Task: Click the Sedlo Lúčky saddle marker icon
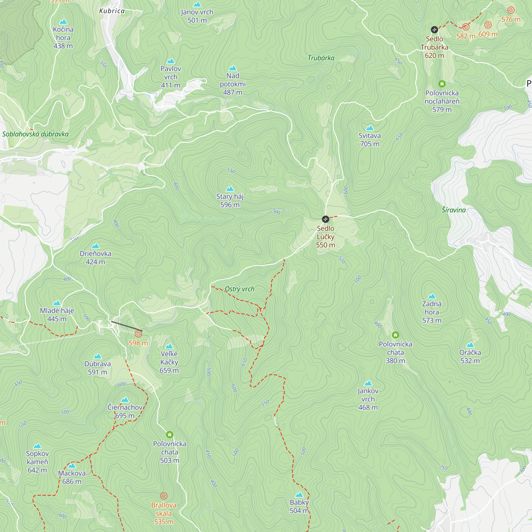tap(326, 219)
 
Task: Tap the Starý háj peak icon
tap(230, 189)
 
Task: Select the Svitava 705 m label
tap(369, 140)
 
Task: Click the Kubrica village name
tap(112, 11)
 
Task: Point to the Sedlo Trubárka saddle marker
tap(434, 30)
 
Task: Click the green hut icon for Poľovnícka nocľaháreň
tap(442, 84)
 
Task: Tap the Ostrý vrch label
tap(240, 289)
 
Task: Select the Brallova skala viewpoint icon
tap(164, 496)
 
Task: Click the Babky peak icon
tap(299, 495)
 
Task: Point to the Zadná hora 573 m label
tap(431, 312)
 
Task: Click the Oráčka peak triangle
tap(470, 345)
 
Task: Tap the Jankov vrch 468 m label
tap(368, 399)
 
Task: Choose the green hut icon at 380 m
tap(396, 335)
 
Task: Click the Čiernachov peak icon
tap(125, 400)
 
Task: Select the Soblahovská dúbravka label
tap(36, 134)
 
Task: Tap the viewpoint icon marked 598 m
tap(138, 334)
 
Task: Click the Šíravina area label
tap(454, 210)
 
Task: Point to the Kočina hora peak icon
tap(63, 22)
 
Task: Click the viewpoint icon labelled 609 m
tap(488, 25)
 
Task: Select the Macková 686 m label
tap(72, 477)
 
